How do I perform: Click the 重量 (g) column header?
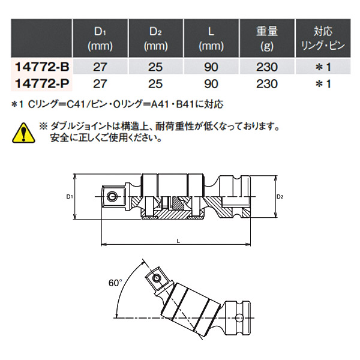(264, 37)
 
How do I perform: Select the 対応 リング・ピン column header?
(323, 37)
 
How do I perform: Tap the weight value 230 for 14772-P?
(264, 83)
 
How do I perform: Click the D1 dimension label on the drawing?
(70, 197)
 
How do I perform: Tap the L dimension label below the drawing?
(178, 240)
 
